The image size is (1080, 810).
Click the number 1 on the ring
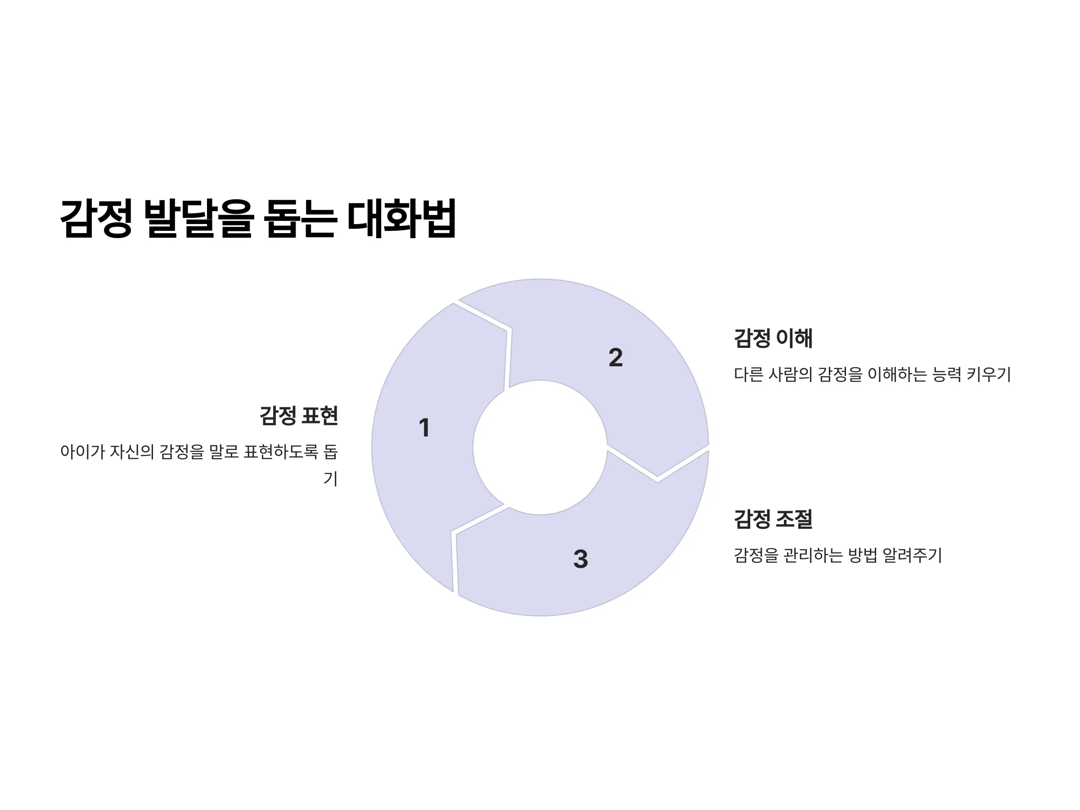click(424, 427)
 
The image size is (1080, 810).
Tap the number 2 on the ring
click(616, 357)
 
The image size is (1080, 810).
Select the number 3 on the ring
click(580, 558)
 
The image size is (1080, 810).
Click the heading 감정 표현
click(299, 415)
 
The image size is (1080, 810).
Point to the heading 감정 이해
click(774, 338)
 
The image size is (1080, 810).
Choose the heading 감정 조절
click(774, 518)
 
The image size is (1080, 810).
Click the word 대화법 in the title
click(401, 218)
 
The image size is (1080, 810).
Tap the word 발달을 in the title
click(199, 218)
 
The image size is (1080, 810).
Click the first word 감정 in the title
click(96, 218)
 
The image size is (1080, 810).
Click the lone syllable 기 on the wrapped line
click(331, 478)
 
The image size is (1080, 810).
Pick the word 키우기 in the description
click(989, 374)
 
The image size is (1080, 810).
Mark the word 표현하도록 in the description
click(281, 452)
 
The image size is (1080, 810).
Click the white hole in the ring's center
click(540, 447)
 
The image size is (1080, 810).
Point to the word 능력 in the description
click(947, 374)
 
